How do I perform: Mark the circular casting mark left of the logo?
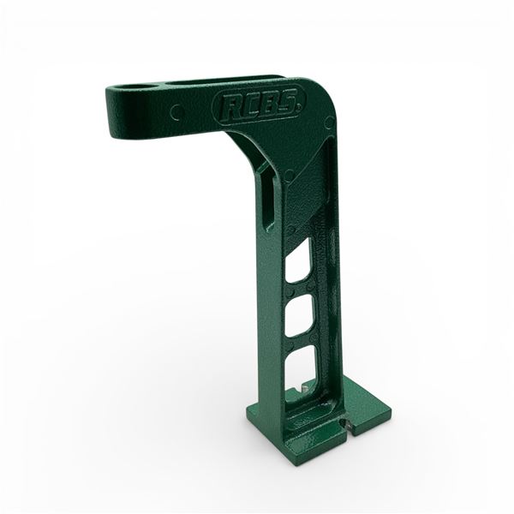176,111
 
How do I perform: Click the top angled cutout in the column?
299,262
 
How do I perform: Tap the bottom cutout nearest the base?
302,370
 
